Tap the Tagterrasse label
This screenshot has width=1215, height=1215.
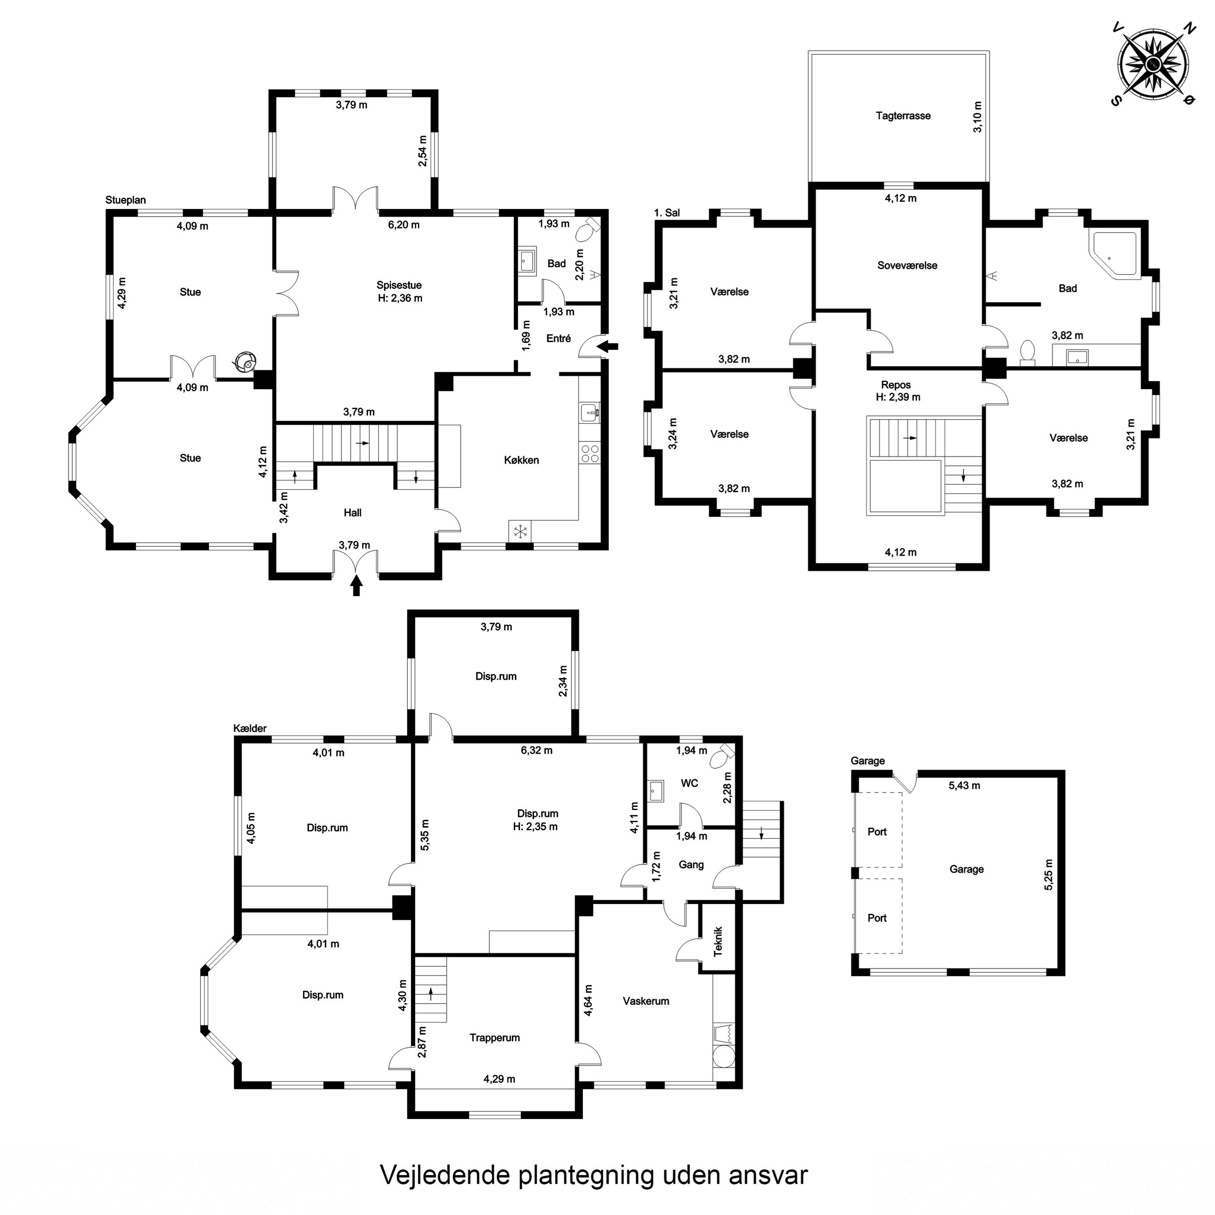click(x=903, y=116)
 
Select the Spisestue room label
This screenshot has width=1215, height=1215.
click(x=399, y=285)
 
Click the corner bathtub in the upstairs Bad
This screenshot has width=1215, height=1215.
click(x=1115, y=255)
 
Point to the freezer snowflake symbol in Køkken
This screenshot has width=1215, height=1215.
click(x=520, y=531)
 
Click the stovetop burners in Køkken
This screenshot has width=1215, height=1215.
click(x=590, y=454)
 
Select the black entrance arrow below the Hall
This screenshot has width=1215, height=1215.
click(x=356, y=586)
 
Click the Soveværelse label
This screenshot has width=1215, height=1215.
click(x=907, y=265)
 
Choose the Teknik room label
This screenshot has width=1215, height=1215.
click(x=718, y=942)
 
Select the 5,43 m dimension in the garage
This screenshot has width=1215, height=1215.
click(x=964, y=785)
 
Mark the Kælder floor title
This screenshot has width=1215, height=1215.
click(x=249, y=728)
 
